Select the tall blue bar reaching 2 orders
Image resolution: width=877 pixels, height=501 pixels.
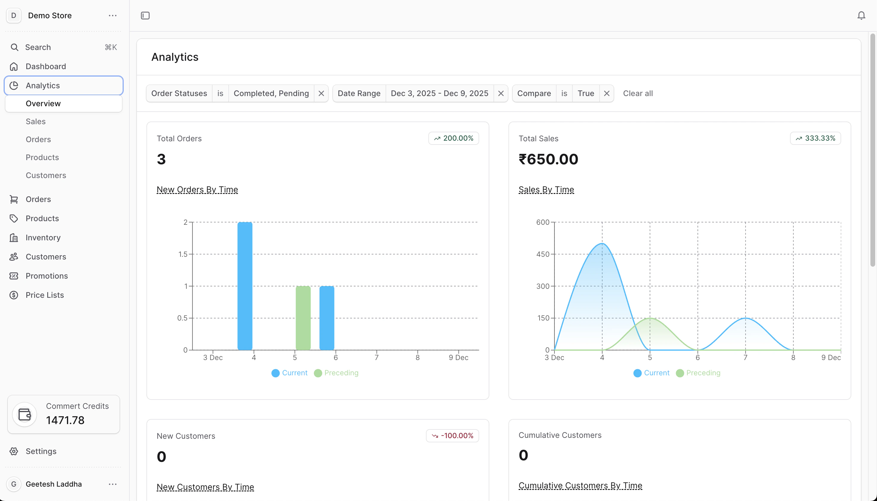coord(245,286)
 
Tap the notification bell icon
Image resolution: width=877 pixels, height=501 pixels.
coord(861,16)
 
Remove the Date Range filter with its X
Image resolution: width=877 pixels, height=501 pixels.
coord(501,93)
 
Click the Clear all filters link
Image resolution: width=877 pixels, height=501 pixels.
coord(638,93)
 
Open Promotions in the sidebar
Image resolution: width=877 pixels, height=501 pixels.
coord(47,276)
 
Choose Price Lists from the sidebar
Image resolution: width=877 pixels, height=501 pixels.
coord(45,295)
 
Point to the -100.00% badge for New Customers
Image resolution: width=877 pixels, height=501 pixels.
coord(452,436)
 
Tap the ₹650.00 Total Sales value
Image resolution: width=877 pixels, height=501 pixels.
coord(548,159)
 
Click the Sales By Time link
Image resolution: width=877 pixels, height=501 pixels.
coord(546,189)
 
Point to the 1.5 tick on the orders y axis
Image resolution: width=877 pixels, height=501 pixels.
coord(183,254)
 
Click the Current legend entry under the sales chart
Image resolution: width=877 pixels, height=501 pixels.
coord(652,373)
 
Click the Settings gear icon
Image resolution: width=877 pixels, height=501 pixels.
coord(14,451)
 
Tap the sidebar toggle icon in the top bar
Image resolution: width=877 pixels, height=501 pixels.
coord(145,16)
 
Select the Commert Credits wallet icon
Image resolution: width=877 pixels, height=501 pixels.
coord(25,414)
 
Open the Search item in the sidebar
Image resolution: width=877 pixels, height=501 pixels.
coord(38,47)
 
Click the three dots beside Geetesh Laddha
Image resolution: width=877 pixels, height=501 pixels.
coord(113,484)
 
